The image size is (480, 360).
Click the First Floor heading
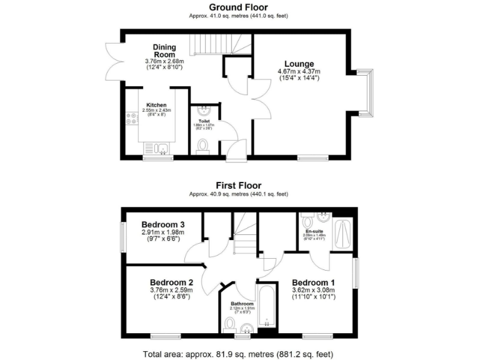pos(239,185)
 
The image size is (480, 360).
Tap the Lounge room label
pos(299,64)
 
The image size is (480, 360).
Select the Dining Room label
pos(165,51)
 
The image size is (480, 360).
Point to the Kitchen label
pos(156,104)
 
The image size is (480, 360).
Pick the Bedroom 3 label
pos(162,225)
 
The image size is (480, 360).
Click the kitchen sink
pos(162,149)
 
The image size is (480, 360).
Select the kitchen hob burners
pos(132,117)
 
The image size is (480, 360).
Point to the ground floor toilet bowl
pos(202,146)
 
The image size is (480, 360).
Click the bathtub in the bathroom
pos(266,307)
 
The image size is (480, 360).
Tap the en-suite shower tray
pos(343,235)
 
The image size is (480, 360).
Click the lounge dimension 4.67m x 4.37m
pos(299,72)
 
